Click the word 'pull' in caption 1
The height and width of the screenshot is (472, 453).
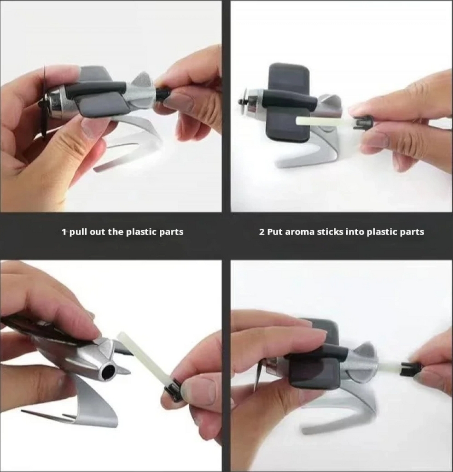(78, 232)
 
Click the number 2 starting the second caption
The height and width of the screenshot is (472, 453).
(261, 232)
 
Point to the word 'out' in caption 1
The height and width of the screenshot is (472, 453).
(97, 232)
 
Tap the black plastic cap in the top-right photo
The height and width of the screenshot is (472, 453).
(363, 124)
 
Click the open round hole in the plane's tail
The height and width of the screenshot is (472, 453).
(109, 373)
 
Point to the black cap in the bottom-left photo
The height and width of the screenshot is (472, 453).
(173, 390)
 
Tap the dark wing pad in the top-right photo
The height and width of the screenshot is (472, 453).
(288, 103)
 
